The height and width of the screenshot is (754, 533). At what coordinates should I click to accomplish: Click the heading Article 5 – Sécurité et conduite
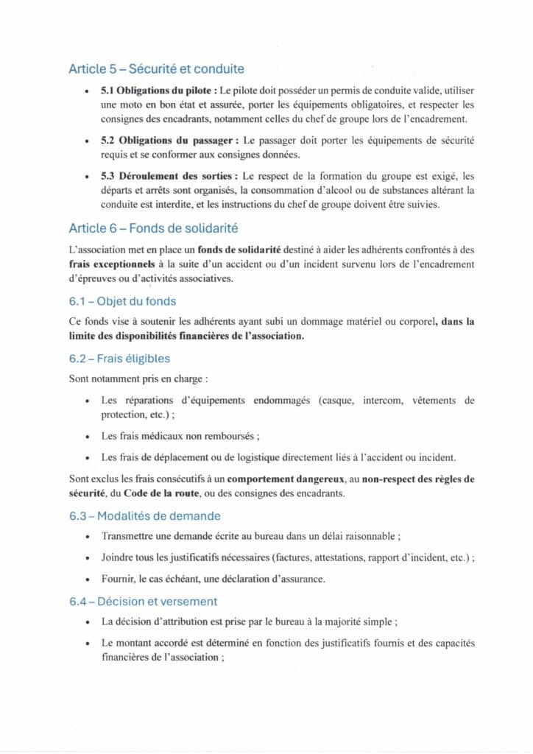point(156,70)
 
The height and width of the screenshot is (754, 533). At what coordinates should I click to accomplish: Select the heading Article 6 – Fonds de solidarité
point(152,229)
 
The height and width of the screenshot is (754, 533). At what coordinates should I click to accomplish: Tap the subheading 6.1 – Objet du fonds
point(122,301)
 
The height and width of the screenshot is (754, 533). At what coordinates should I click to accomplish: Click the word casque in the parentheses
point(337,401)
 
